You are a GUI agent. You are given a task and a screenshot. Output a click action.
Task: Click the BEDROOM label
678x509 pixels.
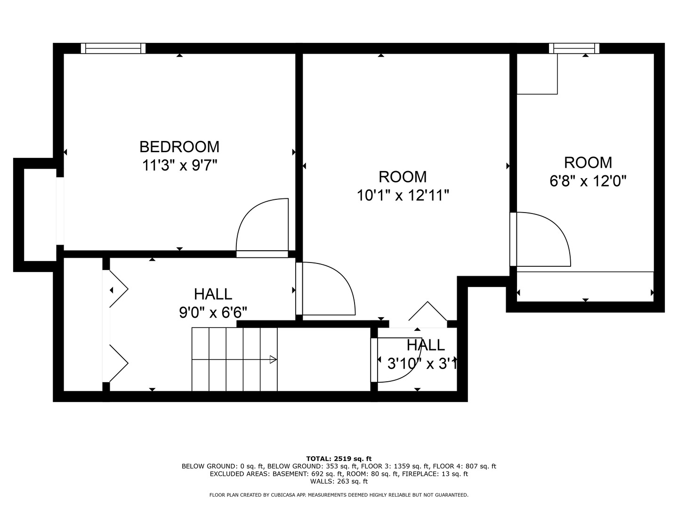click(179, 147)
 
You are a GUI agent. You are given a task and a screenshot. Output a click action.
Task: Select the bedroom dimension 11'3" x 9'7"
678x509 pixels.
click(179, 165)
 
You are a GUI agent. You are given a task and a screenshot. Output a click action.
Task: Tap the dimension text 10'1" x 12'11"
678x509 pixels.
click(403, 195)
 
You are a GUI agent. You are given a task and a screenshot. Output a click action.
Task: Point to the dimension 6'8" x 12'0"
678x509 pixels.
click(588, 181)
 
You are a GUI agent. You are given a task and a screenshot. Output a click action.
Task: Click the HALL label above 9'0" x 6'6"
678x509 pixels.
click(213, 294)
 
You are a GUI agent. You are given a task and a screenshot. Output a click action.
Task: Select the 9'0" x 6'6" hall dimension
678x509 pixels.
click(213, 312)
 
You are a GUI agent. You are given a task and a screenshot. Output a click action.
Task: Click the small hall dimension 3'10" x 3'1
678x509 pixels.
click(421, 364)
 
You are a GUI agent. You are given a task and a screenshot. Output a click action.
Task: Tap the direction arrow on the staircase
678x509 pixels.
click(272, 360)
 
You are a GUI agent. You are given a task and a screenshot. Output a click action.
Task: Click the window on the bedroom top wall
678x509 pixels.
click(113, 48)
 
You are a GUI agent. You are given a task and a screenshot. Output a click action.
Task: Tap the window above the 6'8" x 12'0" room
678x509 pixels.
click(574, 48)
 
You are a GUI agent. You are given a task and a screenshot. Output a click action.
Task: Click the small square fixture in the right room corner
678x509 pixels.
click(537, 74)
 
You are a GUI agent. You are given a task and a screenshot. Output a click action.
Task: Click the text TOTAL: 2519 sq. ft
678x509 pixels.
click(339, 458)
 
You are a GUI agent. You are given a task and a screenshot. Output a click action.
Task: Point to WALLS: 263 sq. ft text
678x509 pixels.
click(339, 481)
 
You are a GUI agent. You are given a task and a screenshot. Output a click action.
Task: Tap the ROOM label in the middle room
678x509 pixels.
click(403, 177)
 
